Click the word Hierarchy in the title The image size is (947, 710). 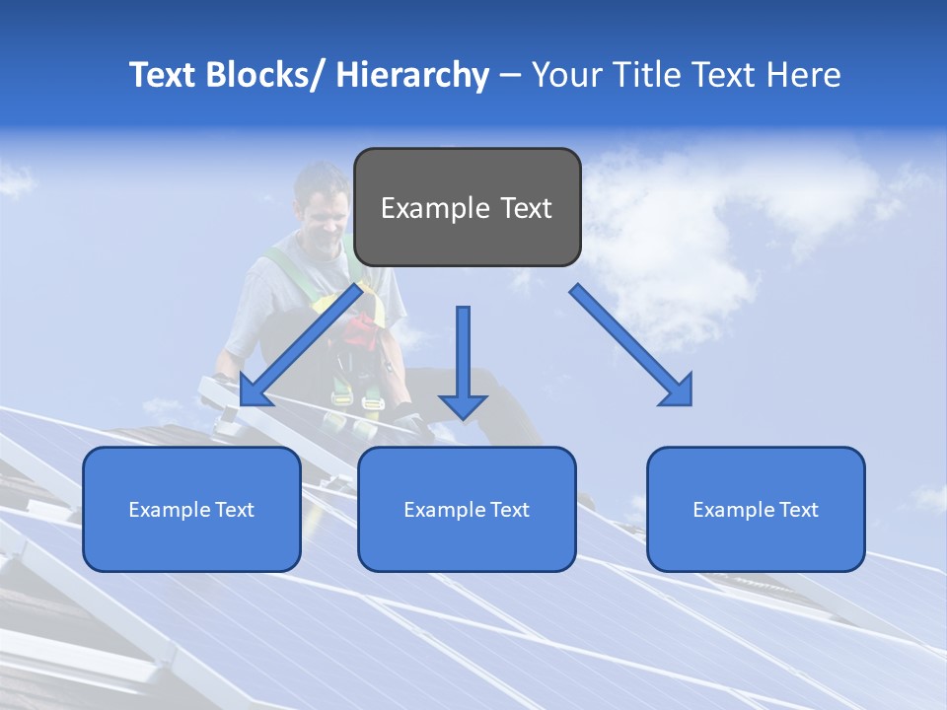coord(411,76)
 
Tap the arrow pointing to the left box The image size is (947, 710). coord(301,345)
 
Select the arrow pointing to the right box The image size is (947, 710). coord(631,345)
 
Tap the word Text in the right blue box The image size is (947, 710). coord(799,510)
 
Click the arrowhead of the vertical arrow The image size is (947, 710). coord(463,405)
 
